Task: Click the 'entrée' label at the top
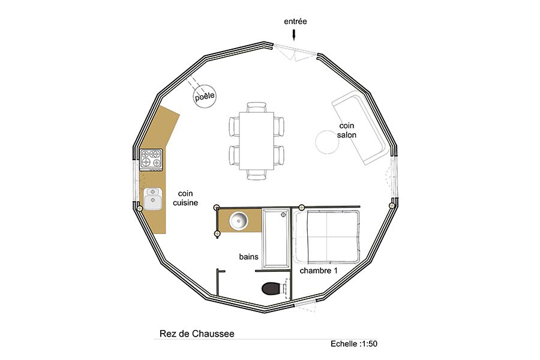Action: click(295, 22)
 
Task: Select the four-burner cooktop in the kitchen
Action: click(151, 160)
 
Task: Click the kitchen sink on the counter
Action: click(152, 199)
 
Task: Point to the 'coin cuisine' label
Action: click(185, 198)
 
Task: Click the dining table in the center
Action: click(257, 140)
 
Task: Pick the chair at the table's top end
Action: click(257, 107)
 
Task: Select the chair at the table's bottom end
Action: click(257, 175)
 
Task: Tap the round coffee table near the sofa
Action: click(327, 142)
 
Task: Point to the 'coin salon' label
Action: click(346, 130)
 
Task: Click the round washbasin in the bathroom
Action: click(239, 220)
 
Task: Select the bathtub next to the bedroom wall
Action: click(276, 238)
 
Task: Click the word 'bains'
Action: click(248, 257)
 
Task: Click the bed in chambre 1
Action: click(326, 236)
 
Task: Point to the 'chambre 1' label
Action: click(319, 271)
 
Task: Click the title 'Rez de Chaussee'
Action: click(197, 334)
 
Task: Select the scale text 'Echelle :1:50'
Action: click(354, 343)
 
